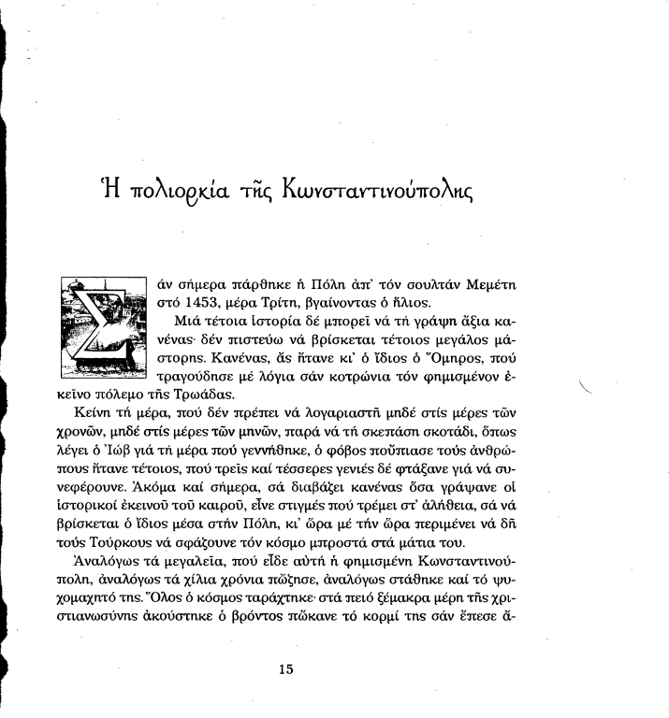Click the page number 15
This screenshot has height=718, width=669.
coord(286,668)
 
